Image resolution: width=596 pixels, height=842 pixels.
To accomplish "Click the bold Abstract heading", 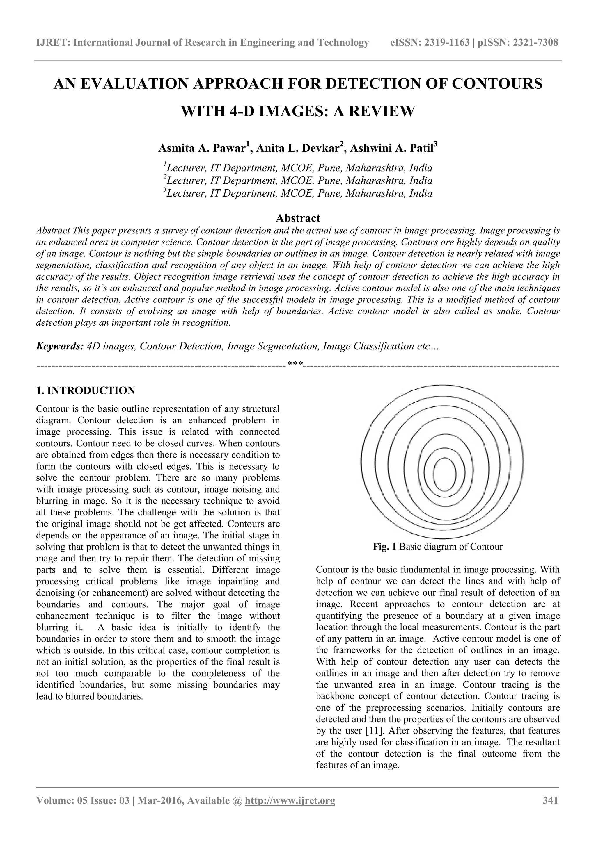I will coord(298,218).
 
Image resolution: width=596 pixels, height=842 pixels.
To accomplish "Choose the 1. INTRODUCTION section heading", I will coord(86,390).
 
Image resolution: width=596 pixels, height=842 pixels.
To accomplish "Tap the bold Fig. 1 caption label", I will coord(384,547).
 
